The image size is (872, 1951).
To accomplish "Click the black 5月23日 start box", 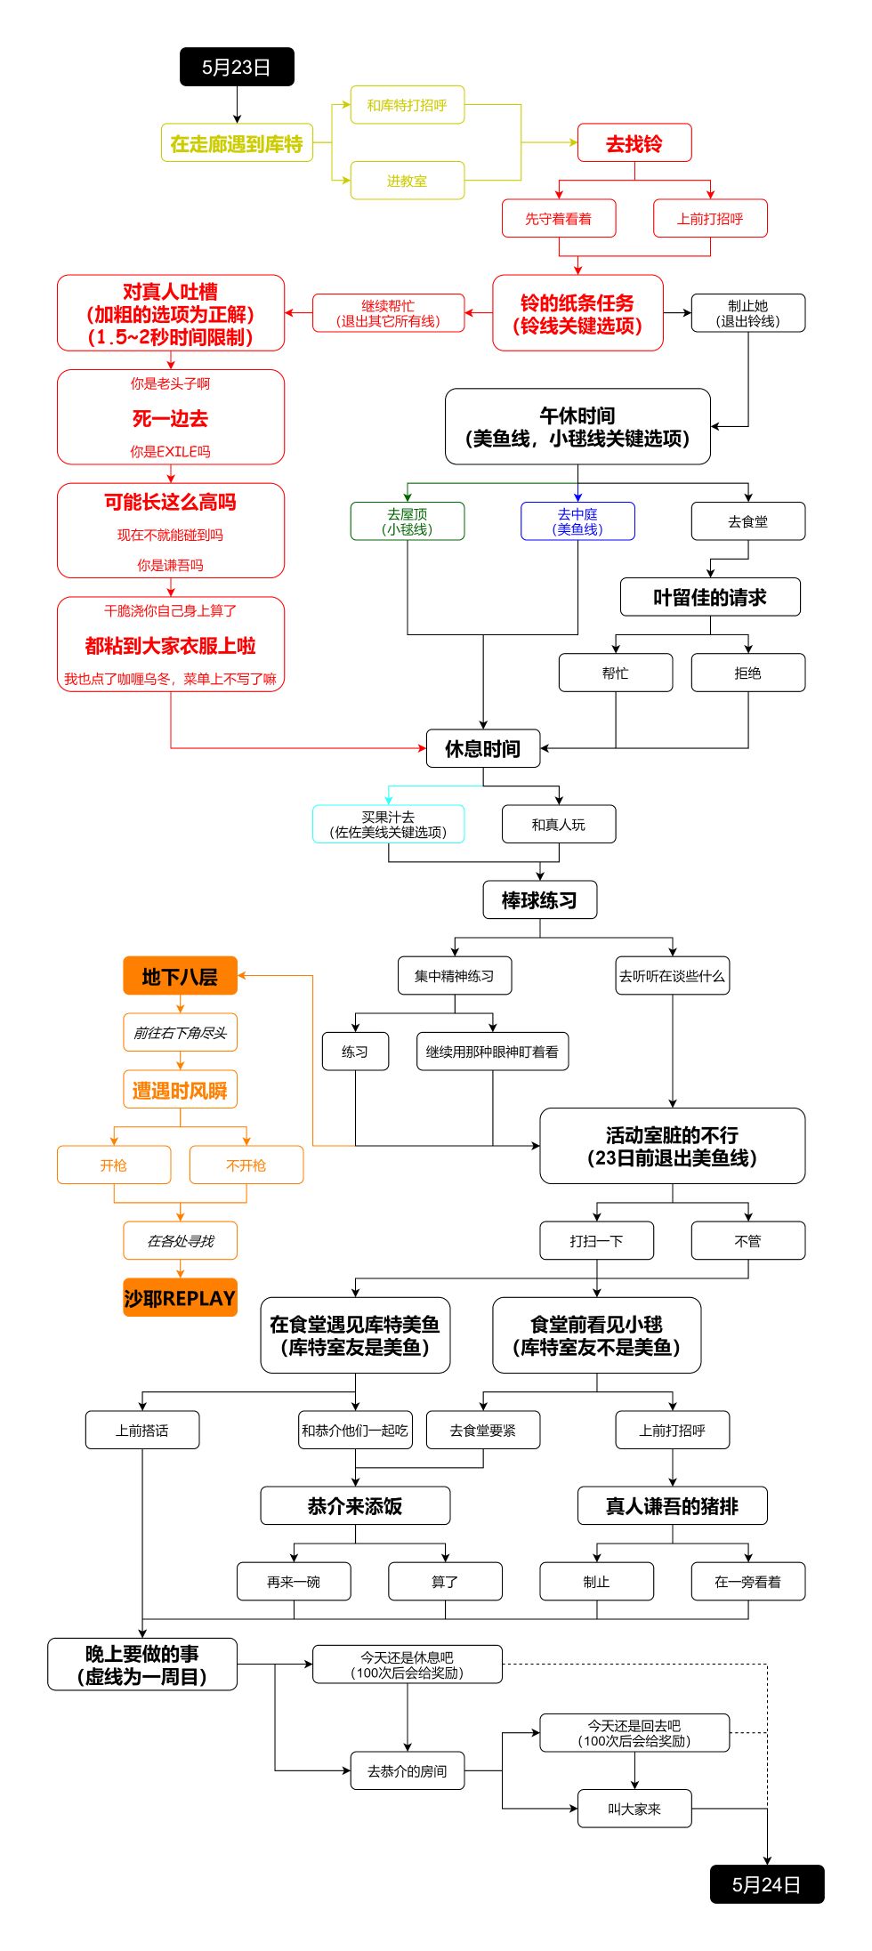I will [237, 67].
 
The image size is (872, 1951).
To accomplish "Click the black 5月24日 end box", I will [767, 1884].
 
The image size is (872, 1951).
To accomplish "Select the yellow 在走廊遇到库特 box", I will [237, 143].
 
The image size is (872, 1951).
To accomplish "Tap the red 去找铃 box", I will [634, 143].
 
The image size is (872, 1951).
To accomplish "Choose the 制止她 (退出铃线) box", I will [748, 313].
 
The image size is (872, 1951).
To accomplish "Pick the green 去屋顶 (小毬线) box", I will [408, 521].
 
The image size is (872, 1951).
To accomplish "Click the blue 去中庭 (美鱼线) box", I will [577, 521].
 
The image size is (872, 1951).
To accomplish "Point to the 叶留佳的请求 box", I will [710, 597].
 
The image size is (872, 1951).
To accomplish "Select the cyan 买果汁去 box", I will [388, 825].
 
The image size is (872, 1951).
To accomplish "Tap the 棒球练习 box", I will [539, 900].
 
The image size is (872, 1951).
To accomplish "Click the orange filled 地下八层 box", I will [180, 976].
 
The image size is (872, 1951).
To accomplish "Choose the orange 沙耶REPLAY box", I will [180, 1298].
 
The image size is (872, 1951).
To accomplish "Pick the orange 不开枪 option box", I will [246, 1165].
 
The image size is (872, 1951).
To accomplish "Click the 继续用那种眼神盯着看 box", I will [492, 1052].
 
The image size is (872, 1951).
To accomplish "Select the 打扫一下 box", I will [596, 1241].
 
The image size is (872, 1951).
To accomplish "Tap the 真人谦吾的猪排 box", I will [672, 1506].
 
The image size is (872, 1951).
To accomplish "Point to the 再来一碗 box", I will [294, 1582].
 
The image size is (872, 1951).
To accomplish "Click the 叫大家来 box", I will [634, 1809].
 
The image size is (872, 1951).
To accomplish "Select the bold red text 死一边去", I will [171, 418].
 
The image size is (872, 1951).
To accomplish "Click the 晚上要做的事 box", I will [142, 1665].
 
